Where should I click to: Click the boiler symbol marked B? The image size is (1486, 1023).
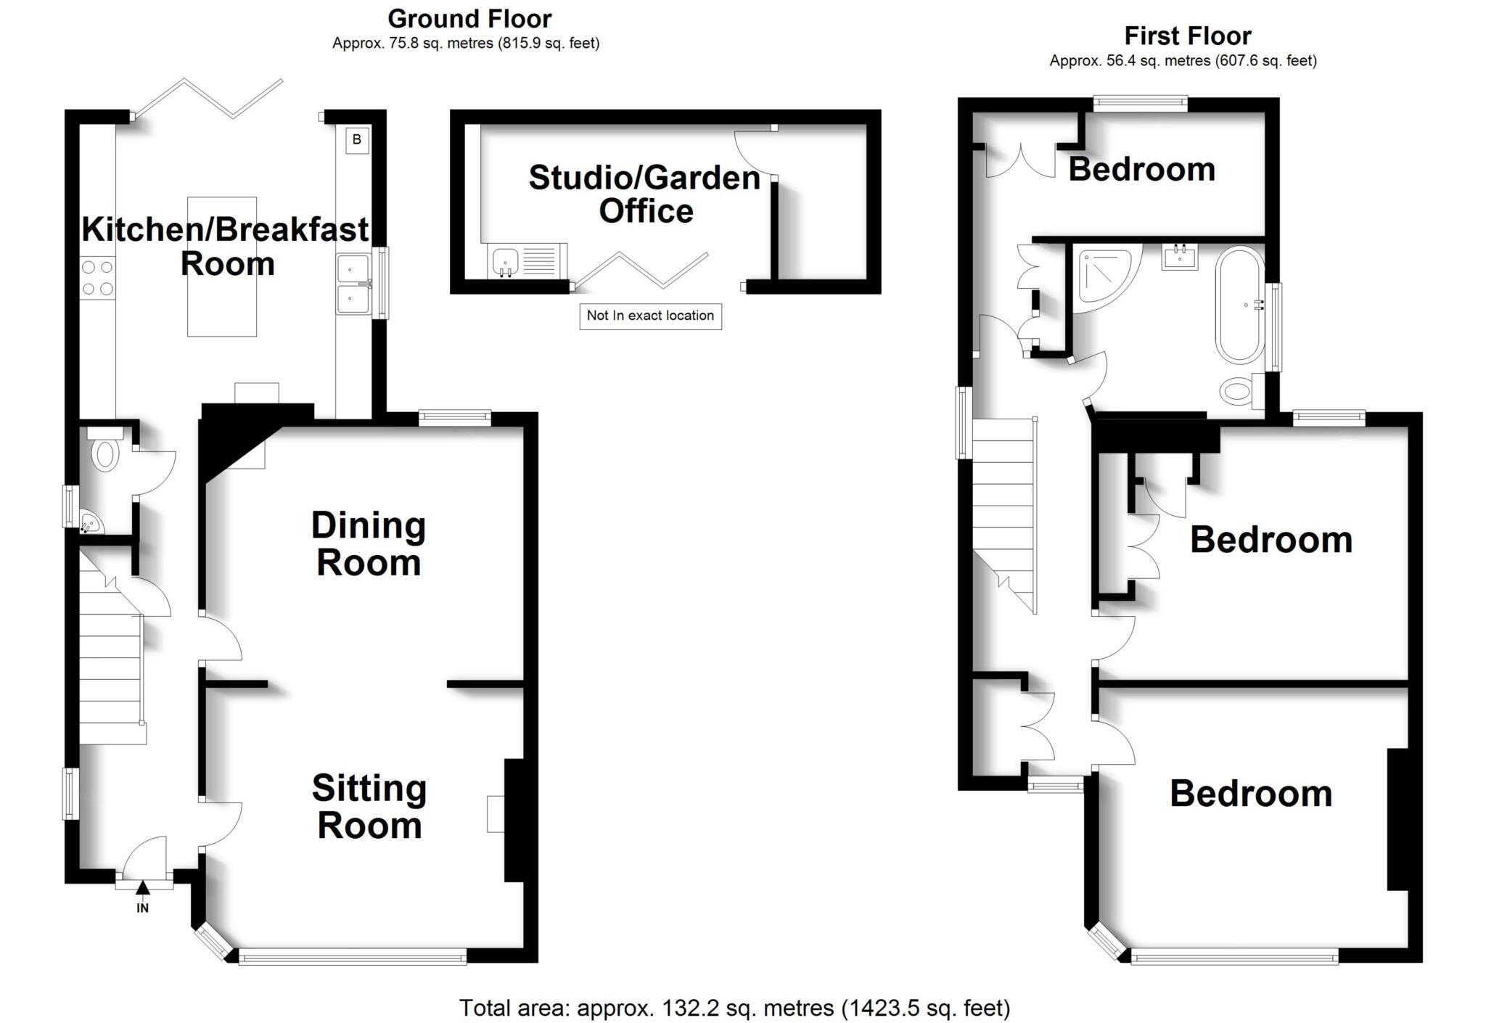(356, 139)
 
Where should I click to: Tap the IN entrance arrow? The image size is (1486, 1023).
(143, 887)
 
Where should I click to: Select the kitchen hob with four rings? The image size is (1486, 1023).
(98, 278)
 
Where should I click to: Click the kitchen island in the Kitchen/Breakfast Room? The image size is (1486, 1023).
(222, 266)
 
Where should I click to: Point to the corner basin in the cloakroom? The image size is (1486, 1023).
(90, 522)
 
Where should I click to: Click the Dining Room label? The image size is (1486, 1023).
(369, 544)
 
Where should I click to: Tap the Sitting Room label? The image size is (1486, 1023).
(369, 806)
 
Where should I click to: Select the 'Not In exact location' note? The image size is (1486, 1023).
(650, 316)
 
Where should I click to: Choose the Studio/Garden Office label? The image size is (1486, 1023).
(644, 194)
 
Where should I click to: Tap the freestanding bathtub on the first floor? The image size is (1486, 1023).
(1241, 305)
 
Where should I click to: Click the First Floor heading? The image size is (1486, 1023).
(1188, 36)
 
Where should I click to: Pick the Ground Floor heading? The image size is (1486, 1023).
(469, 18)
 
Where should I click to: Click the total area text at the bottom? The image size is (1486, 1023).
(734, 1008)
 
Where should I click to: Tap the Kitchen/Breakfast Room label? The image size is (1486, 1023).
(225, 246)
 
